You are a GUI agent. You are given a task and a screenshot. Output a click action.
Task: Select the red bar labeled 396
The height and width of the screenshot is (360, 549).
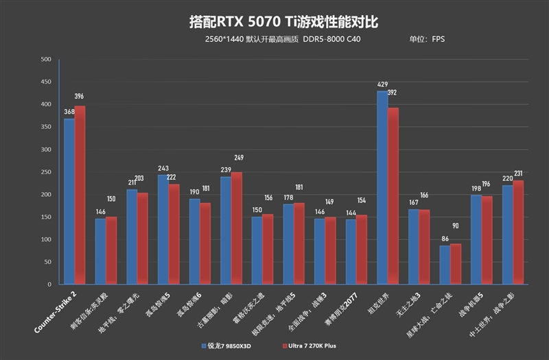(x=80, y=195)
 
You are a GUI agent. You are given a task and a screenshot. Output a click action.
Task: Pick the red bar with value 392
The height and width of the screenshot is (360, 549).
(x=393, y=195)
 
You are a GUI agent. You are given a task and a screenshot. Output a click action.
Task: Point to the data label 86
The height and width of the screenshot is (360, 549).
(x=445, y=239)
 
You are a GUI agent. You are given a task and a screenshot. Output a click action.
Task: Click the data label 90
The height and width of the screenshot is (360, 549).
(x=456, y=226)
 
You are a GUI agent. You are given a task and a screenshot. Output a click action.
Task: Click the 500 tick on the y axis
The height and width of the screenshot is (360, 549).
(x=46, y=60)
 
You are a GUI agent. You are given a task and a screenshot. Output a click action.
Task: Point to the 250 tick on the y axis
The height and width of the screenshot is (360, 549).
(x=46, y=172)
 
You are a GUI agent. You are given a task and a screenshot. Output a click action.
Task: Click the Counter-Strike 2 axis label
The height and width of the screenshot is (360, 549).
(x=56, y=312)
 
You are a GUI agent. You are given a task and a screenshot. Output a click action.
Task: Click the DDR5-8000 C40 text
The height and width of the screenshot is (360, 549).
(x=331, y=39)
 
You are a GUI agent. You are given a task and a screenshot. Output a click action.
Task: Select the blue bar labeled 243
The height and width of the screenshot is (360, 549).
(x=163, y=229)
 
